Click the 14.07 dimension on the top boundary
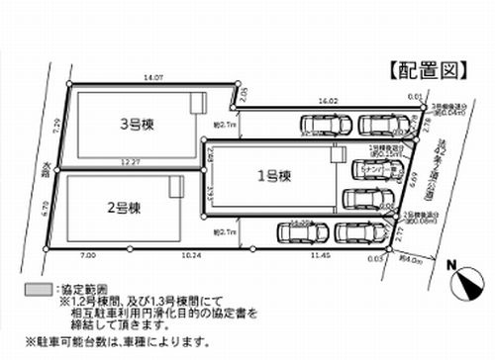(x=153, y=76)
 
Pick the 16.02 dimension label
(x=326, y=101)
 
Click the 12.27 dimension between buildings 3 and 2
(x=132, y=159)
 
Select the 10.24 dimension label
(x=191, y=254)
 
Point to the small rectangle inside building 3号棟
(x=197, y=102)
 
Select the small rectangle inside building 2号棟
(x=174, y=185)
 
